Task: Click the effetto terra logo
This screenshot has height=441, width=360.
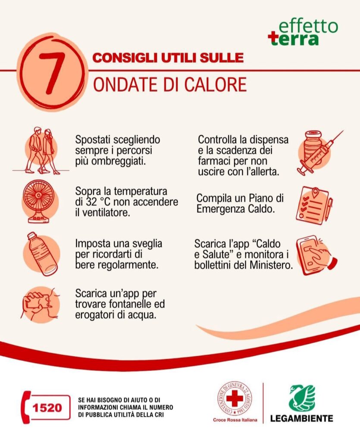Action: coord(303,32)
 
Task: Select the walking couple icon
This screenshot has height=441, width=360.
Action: coord(41,151)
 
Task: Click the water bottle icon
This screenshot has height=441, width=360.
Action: coord(42,254)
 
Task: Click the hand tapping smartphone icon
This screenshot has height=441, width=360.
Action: coord(316,255)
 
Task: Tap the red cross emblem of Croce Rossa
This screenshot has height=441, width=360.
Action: coord(235,399)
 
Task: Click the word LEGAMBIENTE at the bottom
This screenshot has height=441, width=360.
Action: coord(302,418)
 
